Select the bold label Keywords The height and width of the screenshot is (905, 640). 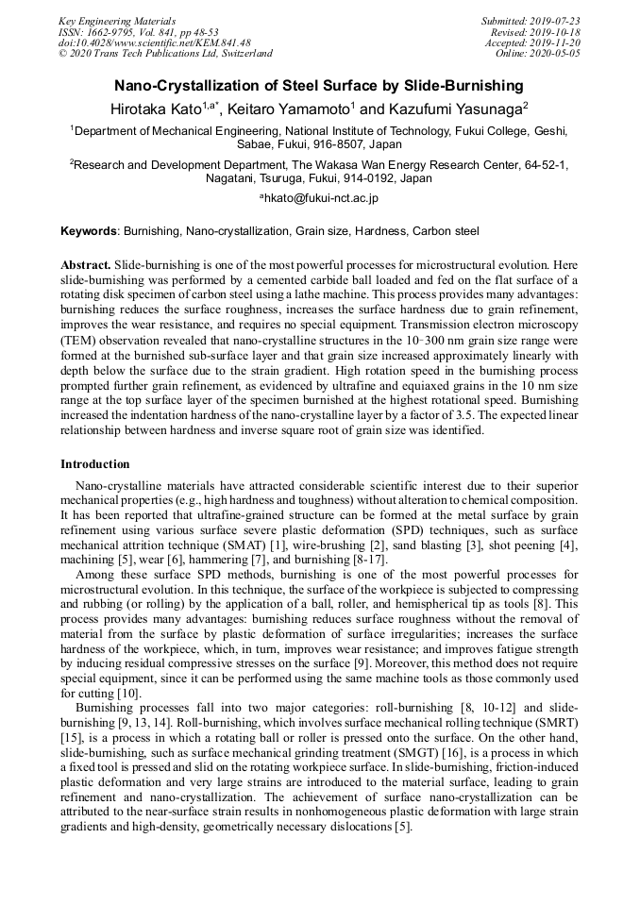[x=89, y=231]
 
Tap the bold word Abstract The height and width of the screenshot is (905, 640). [x=86, y=265]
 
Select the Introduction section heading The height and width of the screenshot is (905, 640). [x=95, y=464]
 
